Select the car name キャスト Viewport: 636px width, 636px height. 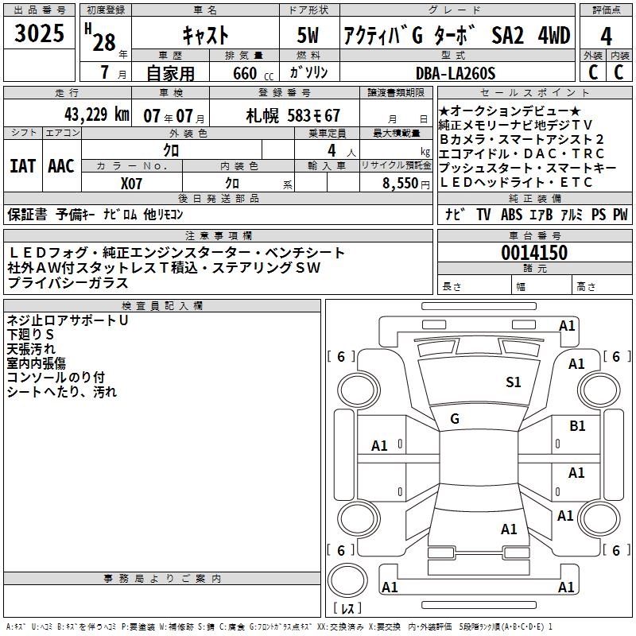[205, 36]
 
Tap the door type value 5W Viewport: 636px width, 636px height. [310, 36]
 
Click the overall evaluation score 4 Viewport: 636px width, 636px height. [607, 36]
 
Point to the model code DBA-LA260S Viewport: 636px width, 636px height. [456, 73]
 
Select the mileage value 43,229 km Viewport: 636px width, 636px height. [92, 114]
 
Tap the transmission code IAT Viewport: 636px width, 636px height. [22, 165]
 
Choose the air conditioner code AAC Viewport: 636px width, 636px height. [61, 165]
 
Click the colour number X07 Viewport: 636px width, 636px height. [131, 182]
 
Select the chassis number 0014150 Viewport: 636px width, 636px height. [534, 253]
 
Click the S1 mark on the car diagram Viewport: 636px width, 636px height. [514, 382]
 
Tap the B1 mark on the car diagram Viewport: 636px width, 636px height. [577, 426]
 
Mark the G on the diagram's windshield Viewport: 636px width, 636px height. [455, 418]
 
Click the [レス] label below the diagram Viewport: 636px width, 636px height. [349, 611]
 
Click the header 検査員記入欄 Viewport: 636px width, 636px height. [162, 306]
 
